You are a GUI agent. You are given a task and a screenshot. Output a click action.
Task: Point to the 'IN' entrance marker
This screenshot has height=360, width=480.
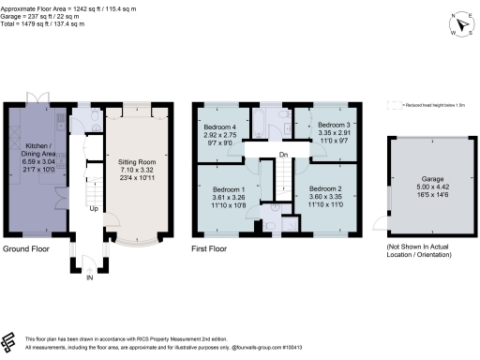(90, 278)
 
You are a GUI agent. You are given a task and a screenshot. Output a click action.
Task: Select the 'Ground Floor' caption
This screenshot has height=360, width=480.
(28, 249)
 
